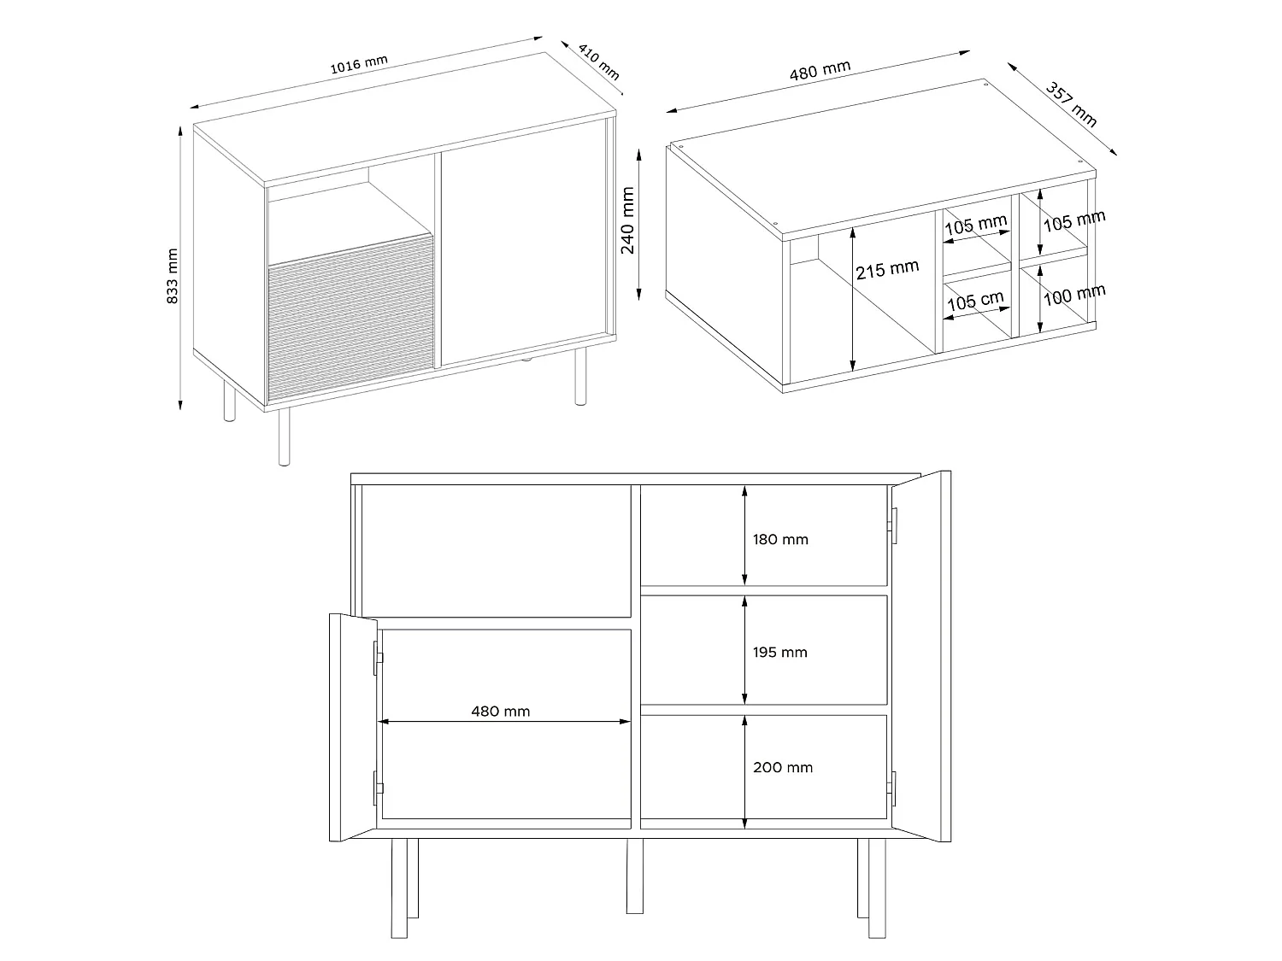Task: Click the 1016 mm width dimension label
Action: pyautogui.click(x=359, y=64)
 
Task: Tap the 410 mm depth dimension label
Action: pyautogui.click(x=598, y=62)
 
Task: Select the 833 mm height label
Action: pyautogui.click(x=172, y=275)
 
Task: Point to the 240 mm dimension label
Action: pyautogui.click(x=627, y=220)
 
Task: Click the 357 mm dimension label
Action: pyautogui.click(x=1071, y=104)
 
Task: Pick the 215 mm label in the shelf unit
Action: pyautogui.click(x=887, y=269)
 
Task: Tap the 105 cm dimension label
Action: pyautogui.click(x=975, y=301)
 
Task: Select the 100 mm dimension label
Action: pyautogui.click(x=1074, y=296)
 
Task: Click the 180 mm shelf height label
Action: pyautogui.click(x=780, y=539)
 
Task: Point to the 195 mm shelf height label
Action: pyautogui.click(x=779, y=652)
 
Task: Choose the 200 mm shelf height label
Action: pyautogui.click(x=783, y=767)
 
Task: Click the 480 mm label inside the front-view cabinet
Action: pyautogui.click(x=501, y=711)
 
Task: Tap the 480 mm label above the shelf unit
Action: pyautogui.click(x=820, y=70)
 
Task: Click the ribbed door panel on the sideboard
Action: pyautogui.click(x=351, y=317)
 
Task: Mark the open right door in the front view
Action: pyautogui.click(x=921, y=656)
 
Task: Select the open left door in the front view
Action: pyautogui.click(x=353, y=728)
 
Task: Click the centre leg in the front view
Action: pyautogui.click(x=634, y=876)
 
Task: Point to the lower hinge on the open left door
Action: pyautogui.click(x=378, y=788)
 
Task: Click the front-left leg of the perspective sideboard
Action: pyautogui.click(x=284, y=437)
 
